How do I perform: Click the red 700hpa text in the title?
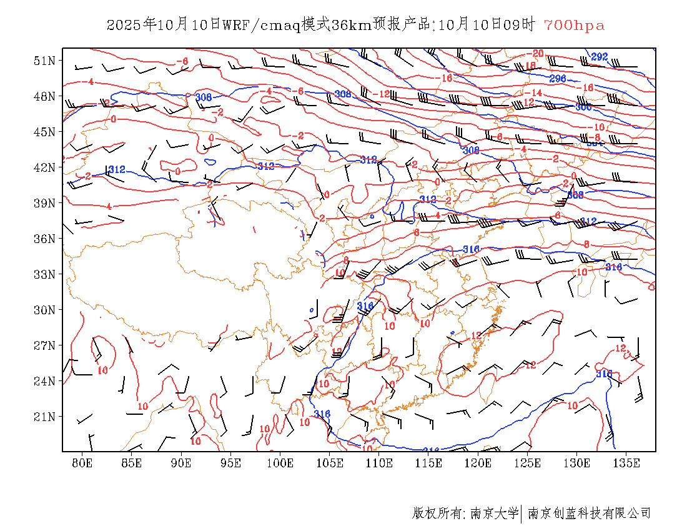(574, 26)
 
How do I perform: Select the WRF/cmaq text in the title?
(261, 26)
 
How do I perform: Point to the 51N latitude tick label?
(45, 61)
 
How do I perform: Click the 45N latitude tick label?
(45, 132)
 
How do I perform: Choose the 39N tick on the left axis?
(45, 203)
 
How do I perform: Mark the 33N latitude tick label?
(45, 274)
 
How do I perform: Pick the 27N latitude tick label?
(45, 345)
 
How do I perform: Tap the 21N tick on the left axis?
(45, 417)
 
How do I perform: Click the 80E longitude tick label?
(82, 463)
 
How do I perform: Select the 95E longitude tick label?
(230, 463)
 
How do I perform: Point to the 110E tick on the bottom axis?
(379, 463)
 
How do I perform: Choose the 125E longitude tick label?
(528, 463)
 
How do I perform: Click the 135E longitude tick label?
(626, 463)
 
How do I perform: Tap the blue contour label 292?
(600, 57)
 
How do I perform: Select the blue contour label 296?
(558, 79)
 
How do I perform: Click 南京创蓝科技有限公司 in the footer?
(589, 514)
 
